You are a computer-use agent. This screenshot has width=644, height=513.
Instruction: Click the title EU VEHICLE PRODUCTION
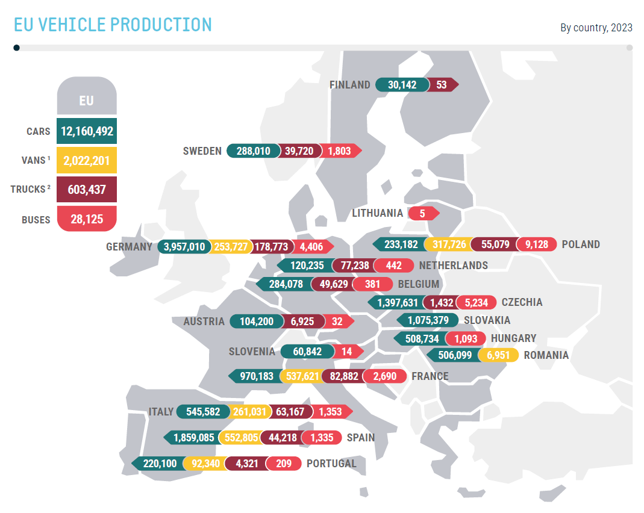tap(113, 25)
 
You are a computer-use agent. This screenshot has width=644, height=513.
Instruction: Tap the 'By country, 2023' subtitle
tap(596, 28)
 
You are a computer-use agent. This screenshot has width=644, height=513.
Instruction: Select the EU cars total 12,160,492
tap(87, 131)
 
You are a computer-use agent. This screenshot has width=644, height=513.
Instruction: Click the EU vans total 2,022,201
tap(87, 160)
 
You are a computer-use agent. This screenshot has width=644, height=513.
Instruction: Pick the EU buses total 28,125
tap(87, 220)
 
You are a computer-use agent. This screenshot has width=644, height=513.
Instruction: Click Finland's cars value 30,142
tap(402, 85)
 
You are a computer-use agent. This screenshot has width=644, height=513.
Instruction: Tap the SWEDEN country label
tap(202, 151)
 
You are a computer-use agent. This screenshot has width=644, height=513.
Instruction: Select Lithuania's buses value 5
tap(422, 213)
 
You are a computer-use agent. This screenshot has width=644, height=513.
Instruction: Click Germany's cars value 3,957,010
tap(184, 247)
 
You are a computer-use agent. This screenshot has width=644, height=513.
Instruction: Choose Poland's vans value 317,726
tap(446, 244)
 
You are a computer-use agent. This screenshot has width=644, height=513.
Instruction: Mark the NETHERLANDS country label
tap(453, 266)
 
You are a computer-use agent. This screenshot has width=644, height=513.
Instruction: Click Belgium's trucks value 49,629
tap(331, 284)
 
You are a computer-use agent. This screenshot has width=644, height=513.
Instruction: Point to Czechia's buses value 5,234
tap(476, 302)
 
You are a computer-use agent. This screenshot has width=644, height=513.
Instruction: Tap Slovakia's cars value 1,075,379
tap(428, 320)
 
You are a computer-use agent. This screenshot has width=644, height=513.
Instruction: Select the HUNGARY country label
tap(513, 338)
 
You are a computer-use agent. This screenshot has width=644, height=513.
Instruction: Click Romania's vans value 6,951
tap(498, 355)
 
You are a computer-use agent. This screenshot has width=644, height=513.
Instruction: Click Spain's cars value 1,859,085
tap(193, 438)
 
